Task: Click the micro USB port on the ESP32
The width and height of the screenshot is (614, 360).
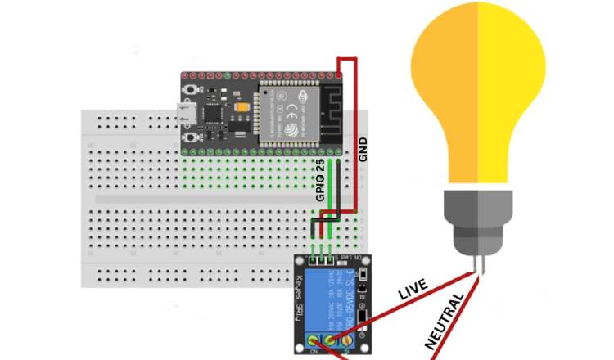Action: pos(187,114)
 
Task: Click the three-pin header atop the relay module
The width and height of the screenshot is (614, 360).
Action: pos(321,259)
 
